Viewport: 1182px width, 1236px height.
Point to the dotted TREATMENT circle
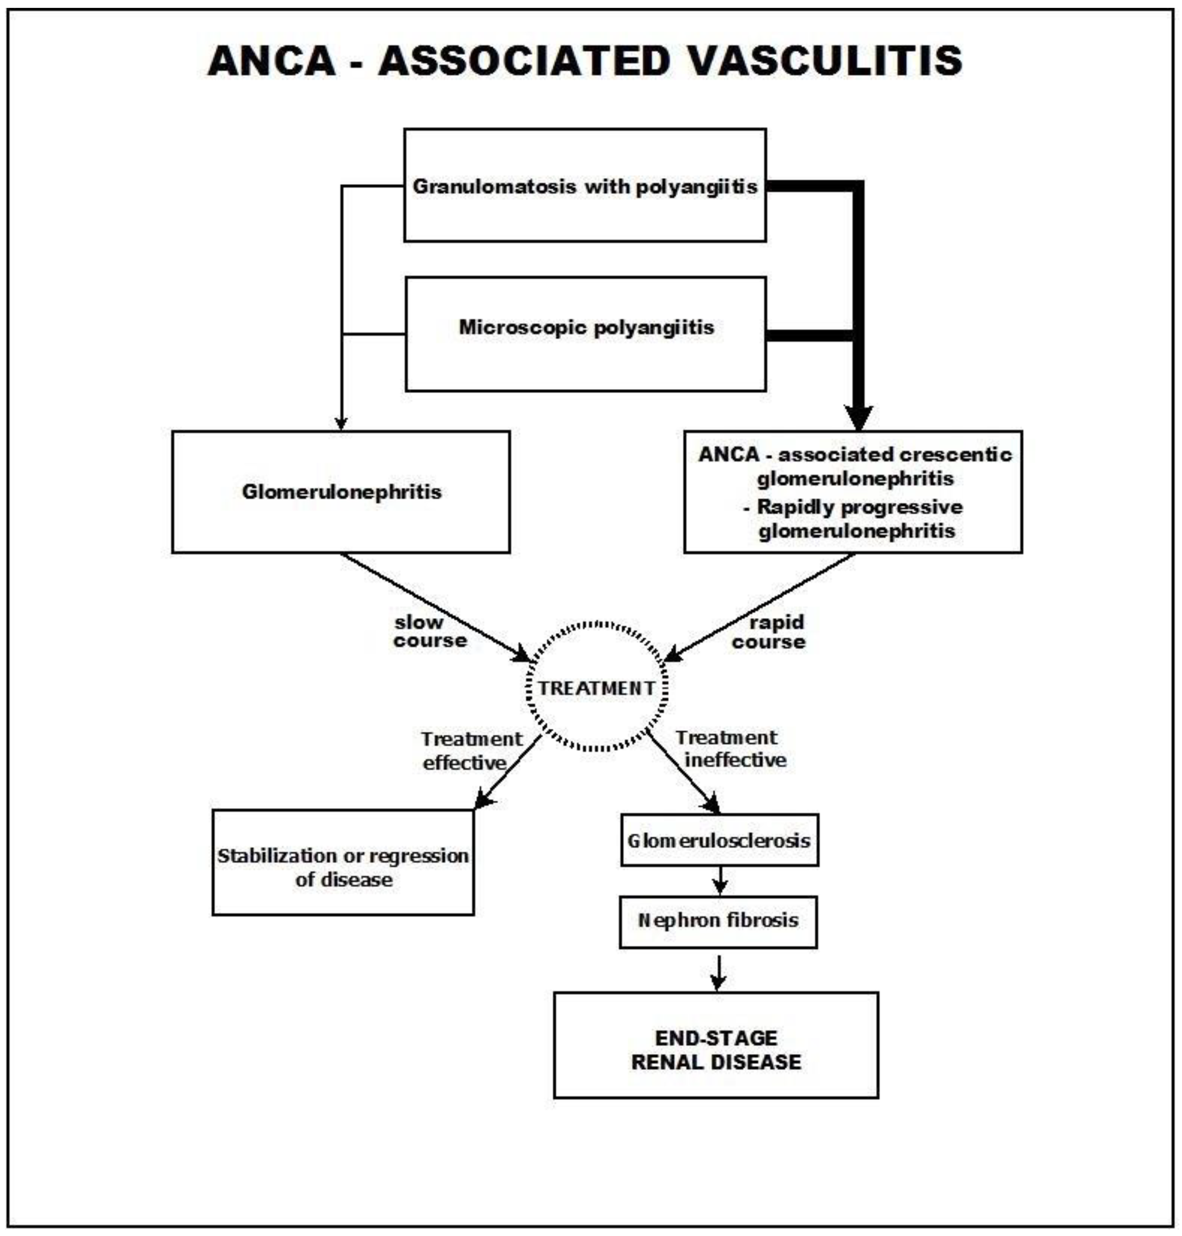click(596, 687)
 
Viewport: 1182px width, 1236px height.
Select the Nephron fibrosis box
click(718, 921)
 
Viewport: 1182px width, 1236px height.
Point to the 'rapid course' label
click(769, 632)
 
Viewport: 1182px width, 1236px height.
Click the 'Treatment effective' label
click(469, 750)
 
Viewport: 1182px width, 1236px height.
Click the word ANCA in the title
click(272, 61)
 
